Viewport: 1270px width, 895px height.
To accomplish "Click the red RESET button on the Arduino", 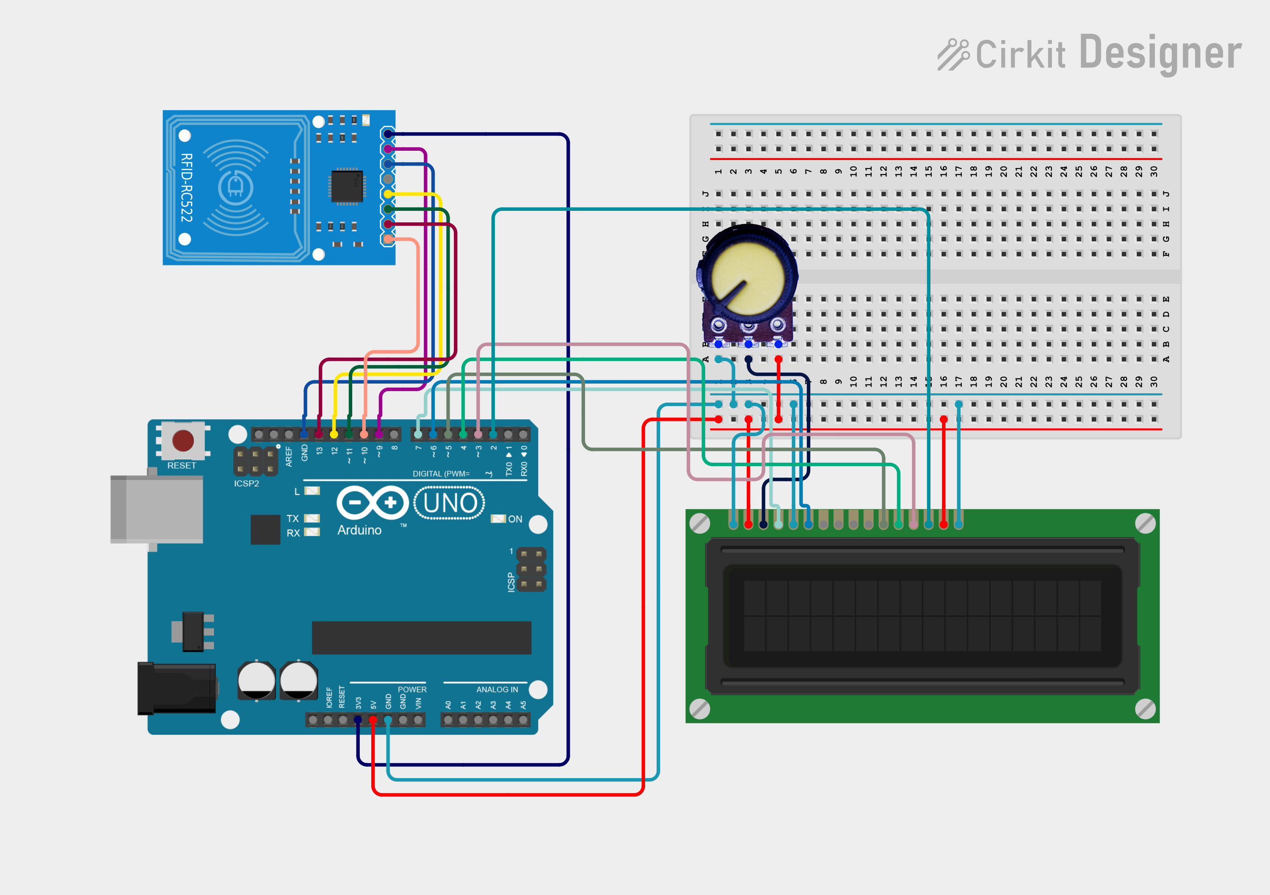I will pyautogui.click(x=182, y=441).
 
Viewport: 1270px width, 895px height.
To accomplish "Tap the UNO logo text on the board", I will pyautogui.click(x=450, y=503).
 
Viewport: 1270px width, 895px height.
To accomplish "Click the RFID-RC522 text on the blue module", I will pyautogui.click(x=187, y=188).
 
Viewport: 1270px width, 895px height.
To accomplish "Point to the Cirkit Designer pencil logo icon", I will pyautogui.click(x=953, y=55).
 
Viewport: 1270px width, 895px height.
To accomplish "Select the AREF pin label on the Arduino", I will pyautogui.click(x=289, y=457).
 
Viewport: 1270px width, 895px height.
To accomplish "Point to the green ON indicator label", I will pyautogui.click(x=515, y=519).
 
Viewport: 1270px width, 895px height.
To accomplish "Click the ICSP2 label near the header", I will pyautogui.click(x=246, y=483).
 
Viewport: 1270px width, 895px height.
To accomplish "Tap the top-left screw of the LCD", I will pyautogui.click(x=700, y=523).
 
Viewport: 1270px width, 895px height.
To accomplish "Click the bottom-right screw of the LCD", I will pyautogui.click(x=1145, y=709).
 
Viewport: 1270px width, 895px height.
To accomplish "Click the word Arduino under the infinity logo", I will pyautogui.click(x=359, y=530).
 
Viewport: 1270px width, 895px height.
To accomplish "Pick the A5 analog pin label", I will pyautogui.click(x=523, y=705).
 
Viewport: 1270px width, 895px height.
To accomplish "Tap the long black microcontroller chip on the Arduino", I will pyautogui.click(x=422, y=637).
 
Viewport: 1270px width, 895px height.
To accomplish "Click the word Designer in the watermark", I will pyautogui.click(x=1160, y=53).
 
